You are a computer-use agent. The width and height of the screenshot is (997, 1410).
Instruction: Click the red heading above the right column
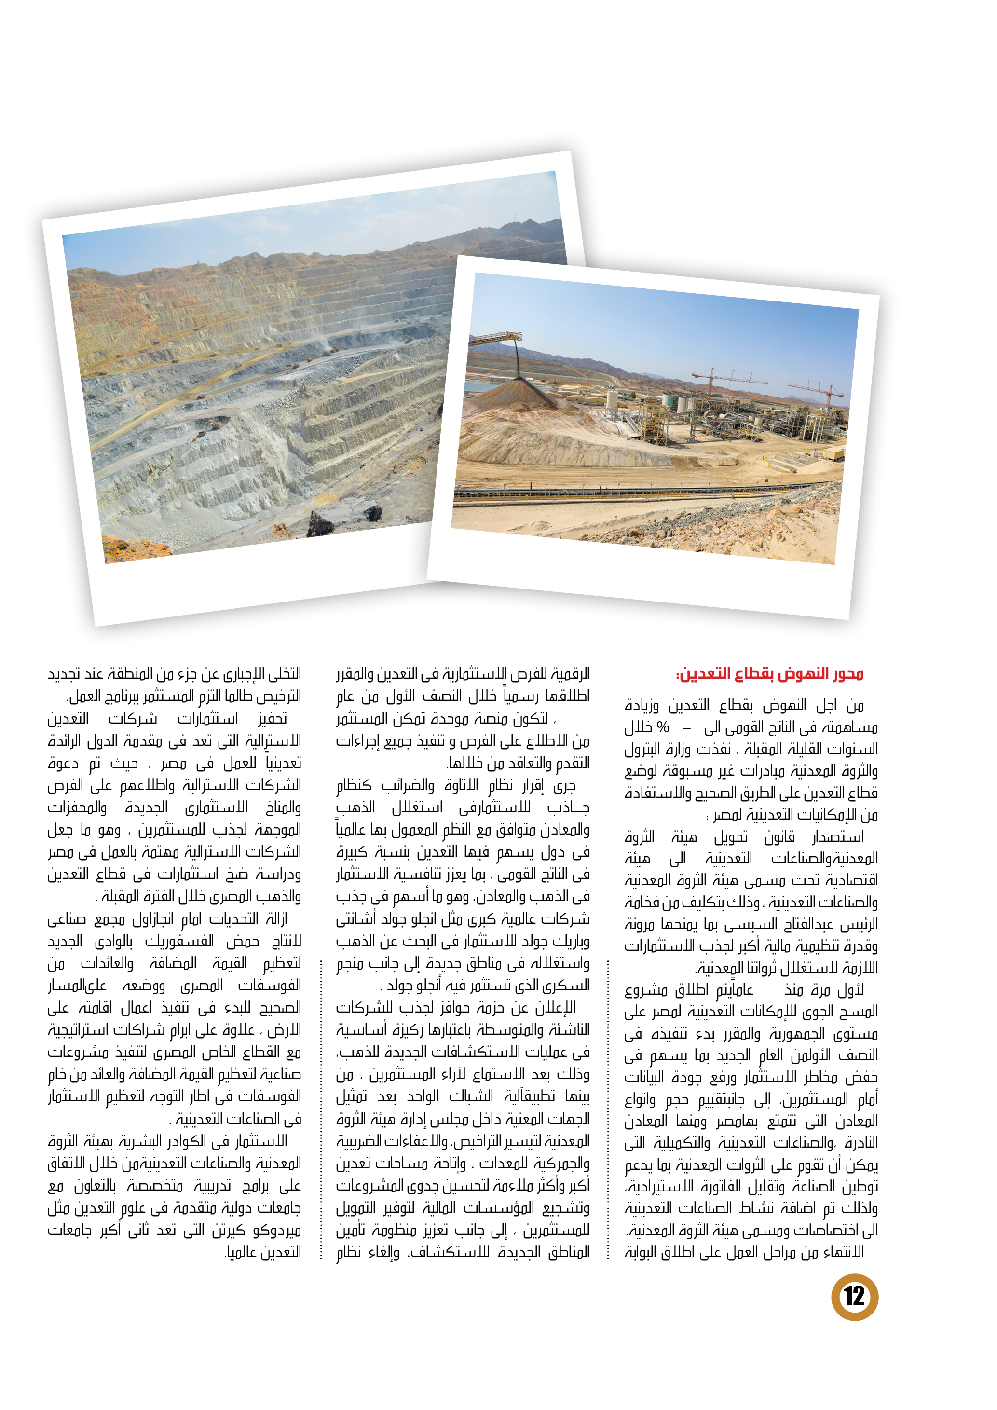(769, 674)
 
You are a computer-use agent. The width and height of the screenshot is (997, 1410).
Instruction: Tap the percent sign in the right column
(662, 727)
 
